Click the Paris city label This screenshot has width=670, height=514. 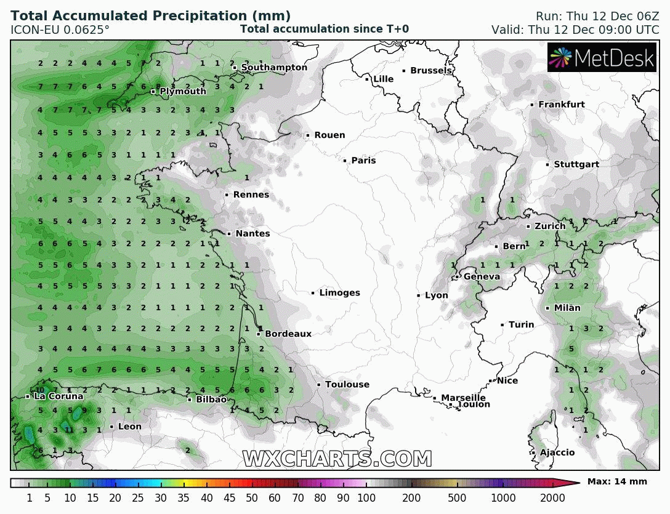point(363,161)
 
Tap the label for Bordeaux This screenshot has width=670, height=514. point(288,334)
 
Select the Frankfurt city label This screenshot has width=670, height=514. point(562,105)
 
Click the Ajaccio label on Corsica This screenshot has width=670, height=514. point(557,453)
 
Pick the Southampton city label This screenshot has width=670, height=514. point(274,67)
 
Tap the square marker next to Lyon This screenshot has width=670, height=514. point(419,295)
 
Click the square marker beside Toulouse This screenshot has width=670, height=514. point(319,385)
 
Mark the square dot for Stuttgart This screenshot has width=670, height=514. point(547,164)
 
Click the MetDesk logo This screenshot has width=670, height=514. point(602,58)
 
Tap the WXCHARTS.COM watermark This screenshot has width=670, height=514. point(337,459)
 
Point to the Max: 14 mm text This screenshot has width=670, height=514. point(617,481)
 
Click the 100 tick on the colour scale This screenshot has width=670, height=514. point(366,497)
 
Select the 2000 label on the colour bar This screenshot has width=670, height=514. point(552,497)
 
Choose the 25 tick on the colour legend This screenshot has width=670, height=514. point(138,497)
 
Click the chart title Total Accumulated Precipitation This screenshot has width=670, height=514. point(151,16)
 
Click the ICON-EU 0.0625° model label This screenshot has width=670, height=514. point(60,30)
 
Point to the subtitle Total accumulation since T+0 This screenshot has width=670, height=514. point(324,29)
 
